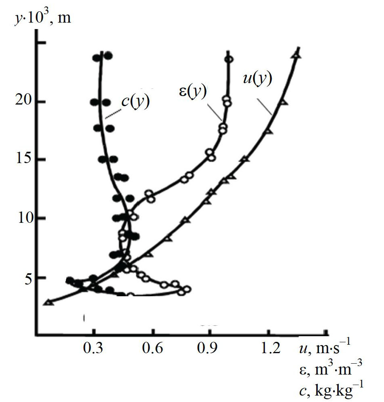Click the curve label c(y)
tap(135, 101)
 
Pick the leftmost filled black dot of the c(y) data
tap(70, 280)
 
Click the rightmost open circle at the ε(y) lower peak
tap(187, 289)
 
